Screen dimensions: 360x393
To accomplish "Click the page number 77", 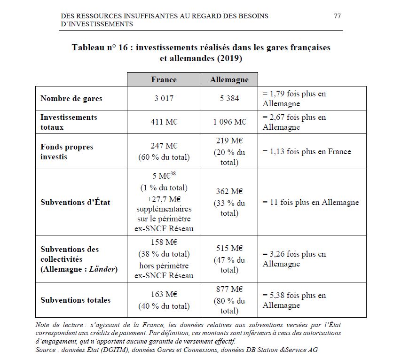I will [337, 16].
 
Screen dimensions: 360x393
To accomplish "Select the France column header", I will [164, 79].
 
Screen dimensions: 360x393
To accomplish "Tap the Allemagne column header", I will [229, 80].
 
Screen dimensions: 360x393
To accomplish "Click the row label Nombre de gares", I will [71, 99].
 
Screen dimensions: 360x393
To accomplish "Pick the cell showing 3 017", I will [164, 99].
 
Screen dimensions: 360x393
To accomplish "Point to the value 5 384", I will [229, 99].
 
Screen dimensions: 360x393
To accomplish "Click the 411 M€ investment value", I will [164, 122].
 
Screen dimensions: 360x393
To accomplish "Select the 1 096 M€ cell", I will [229, 122].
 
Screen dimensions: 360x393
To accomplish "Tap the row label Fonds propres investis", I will [67, 152].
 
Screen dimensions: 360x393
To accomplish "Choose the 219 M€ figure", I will [229, 141].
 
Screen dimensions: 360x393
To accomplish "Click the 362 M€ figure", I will [229, 192].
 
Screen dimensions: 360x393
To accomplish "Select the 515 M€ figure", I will [229, 249].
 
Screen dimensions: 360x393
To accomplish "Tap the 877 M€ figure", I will [229, 290].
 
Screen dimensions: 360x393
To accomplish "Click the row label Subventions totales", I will [75, 300].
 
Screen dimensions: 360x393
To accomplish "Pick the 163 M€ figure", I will [164, 295].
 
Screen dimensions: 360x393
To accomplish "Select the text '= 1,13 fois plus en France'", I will [307, 151].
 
